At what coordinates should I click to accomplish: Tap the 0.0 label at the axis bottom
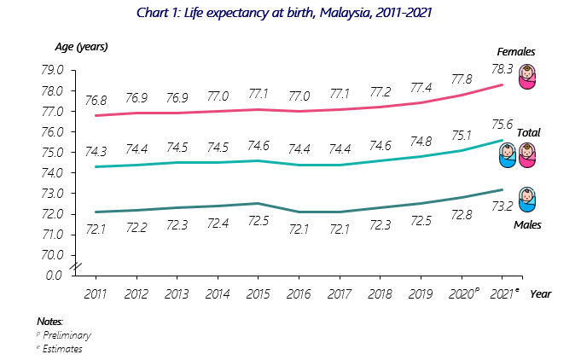[53, 276]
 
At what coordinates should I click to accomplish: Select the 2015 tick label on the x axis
[258, 294]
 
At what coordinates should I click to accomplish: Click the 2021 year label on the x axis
[502, 294]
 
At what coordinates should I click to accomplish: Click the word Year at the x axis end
[540, 294]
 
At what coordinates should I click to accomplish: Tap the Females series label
[517, 53]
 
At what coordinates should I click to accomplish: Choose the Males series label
[529, 225]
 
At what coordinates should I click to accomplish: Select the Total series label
[529, 133]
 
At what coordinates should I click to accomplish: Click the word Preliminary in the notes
[67, 335]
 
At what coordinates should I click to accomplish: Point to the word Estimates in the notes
[62, 348]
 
